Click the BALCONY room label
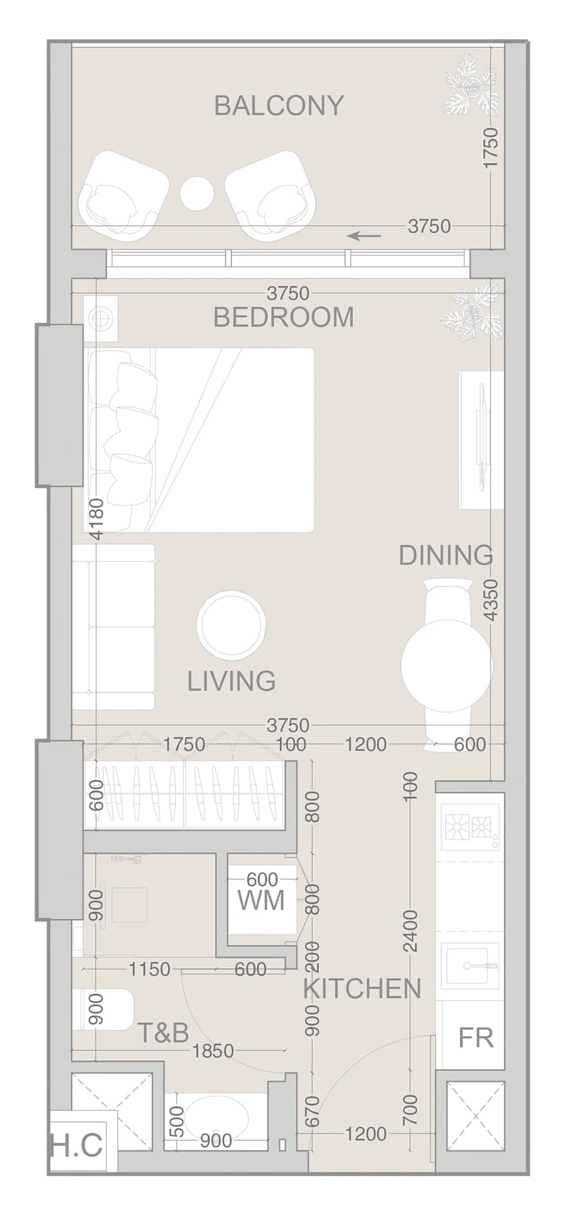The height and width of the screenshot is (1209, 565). tap(279, 105)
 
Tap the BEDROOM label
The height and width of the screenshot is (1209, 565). tap(284, 317)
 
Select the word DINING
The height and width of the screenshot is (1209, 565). tap(446, 555)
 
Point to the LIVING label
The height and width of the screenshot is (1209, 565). tap(231, 681)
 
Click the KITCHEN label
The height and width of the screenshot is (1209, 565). tap(362, 989)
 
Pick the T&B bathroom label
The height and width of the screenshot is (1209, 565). tap(163, 1032)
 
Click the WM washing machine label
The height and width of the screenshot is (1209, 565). tap(261, 901)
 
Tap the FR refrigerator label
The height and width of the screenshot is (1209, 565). tap(476, 1037)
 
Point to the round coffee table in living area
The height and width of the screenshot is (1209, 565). tap(231, 625)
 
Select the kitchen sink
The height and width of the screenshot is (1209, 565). tap(470, 966)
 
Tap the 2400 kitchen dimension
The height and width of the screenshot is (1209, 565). tap(411, 932)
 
